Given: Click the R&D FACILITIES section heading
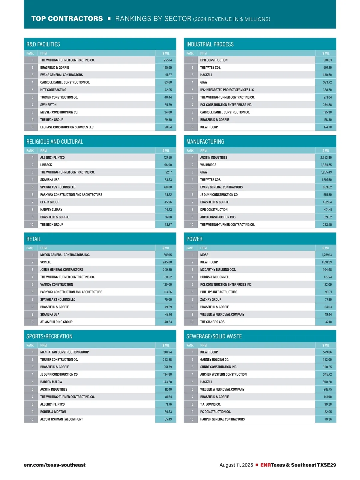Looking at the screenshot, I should pyautogui.click(x=43, y=44).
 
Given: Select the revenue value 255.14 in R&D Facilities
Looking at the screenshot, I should pyautogui.click(x=168, y=60).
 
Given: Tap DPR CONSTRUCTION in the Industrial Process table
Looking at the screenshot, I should pyautogui.click(x=214, y=60).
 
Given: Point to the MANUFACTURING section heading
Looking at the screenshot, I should pyautogui.click(x=205, y=142).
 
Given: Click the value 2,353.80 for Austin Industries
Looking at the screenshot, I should pyautogui.click(x=326, y=157).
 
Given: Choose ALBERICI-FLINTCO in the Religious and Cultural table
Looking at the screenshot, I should pyautogui.click(x=52, y=157).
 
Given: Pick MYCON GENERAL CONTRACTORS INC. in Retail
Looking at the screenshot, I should pyautogui.click(x=65, y=255).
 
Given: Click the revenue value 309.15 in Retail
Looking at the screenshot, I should pyautogui.click(x=168, y=255).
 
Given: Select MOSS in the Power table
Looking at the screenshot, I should pyautogui.click(x=204, y=255).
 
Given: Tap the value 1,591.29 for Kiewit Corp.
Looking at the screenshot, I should pyautogui.click(x=327, y=262).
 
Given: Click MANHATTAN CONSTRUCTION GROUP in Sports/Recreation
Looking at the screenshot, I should pyautogui.click(x=64, y=352).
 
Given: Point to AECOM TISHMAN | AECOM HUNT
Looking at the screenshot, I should pyautogui.click(x=61, y=419).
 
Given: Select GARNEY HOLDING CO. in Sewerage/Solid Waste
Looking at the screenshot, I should pyautogui.click(x=215, y=359).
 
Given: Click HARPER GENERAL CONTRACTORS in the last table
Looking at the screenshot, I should pyautogui.click(x=222, y=419).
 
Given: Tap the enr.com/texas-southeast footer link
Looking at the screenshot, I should pyautogui.click(x=55, y=465).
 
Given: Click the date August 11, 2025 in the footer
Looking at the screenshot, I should pyautogui.click(x=236, y=465).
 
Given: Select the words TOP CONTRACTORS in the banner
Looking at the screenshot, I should pyautogui.click(x=67, y=19).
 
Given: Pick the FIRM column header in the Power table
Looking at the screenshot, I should pyautogui.click(x=203, y=248).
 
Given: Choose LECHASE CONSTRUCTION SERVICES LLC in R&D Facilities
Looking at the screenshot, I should pyautogui.click(x=67, y=127).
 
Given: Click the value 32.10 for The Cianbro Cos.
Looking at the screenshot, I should pyautogui.click(x=328, y=322).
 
